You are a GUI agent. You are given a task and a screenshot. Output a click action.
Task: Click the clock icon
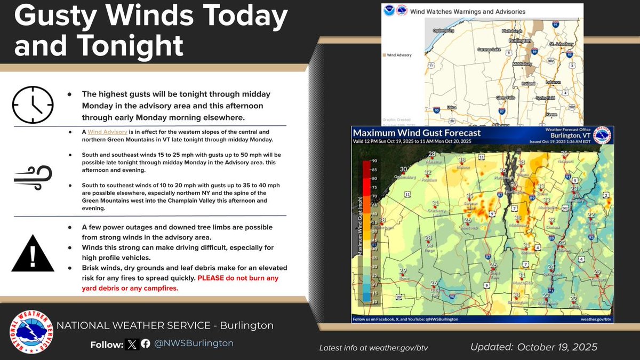pos(33,105)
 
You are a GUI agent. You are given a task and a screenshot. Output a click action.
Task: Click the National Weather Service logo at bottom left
pos(31,332)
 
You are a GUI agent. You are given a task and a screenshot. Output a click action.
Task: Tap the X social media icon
pos(132,343)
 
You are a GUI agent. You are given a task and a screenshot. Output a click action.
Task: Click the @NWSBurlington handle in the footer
pos(194,343)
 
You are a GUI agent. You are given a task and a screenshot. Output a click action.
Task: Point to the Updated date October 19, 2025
pos(534,347)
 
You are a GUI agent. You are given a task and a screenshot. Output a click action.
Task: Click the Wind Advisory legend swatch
pos(383,54)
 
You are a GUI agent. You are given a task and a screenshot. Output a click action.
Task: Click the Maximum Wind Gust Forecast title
pos(417,133)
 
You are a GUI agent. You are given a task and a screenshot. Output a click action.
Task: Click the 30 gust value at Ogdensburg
pos(404,170)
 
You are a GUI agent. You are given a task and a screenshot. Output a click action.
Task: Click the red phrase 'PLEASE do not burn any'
pos(238,278)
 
